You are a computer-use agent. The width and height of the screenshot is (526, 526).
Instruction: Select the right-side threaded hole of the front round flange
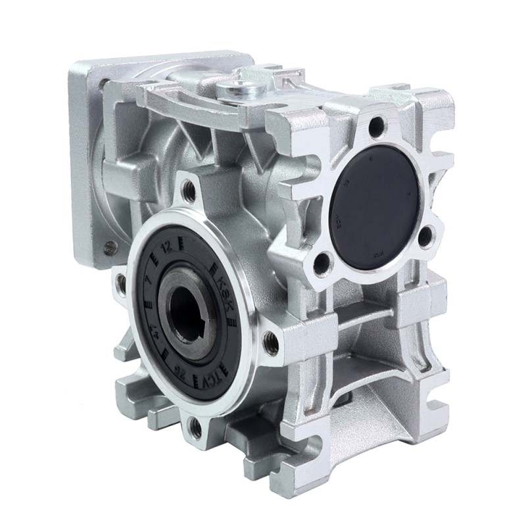pos(270,341)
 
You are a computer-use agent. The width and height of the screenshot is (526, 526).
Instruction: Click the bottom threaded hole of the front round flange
pos(195,429)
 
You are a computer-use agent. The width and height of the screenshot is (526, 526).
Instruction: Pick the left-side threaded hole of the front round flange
pos(121,283)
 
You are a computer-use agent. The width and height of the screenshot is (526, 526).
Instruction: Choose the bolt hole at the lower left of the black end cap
pos(322,263)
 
